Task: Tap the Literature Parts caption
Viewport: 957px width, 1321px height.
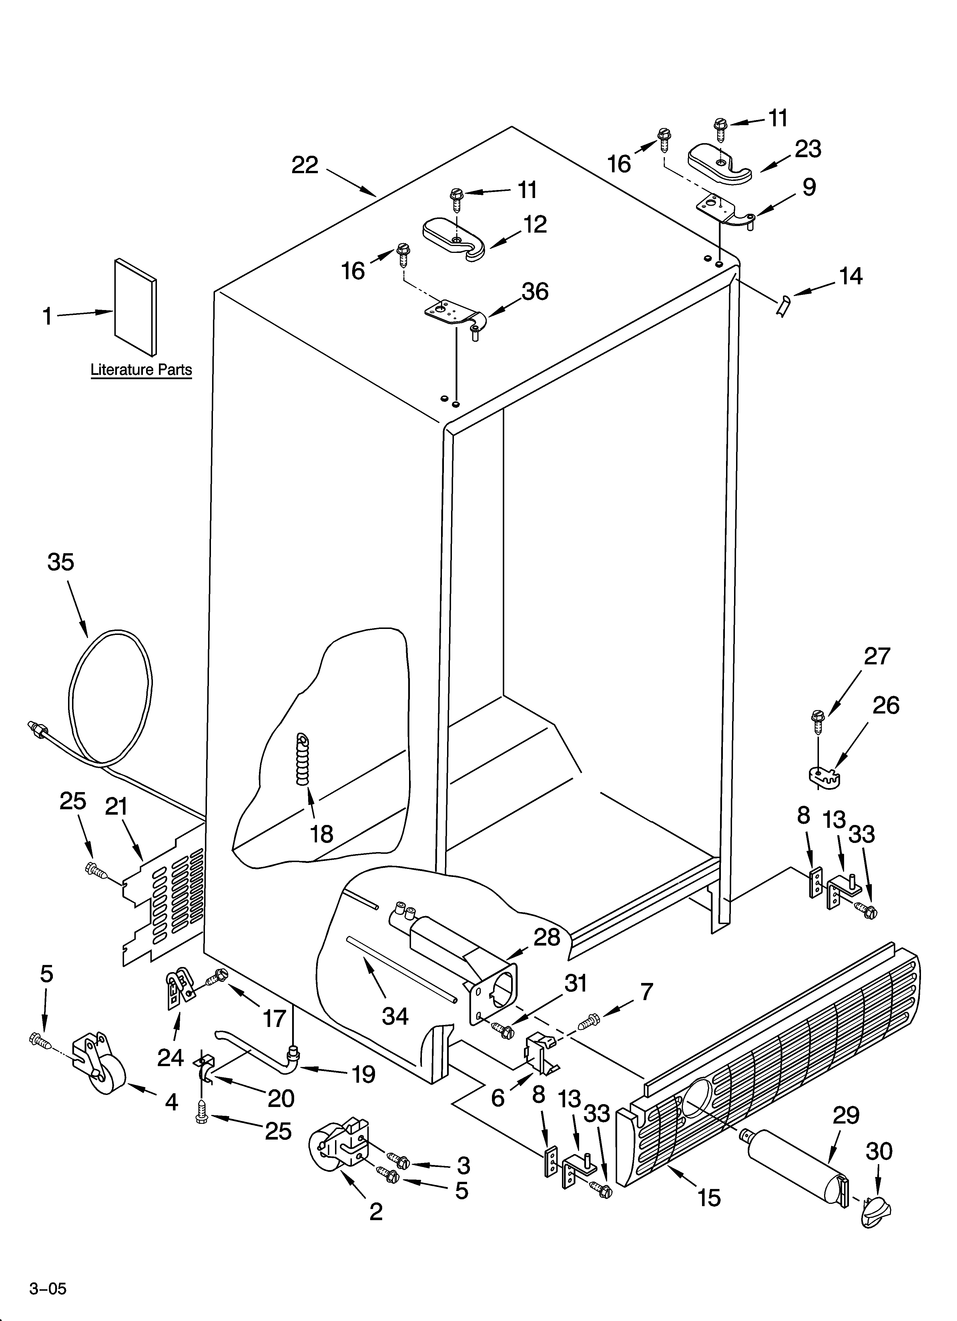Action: click(x=141, y=369)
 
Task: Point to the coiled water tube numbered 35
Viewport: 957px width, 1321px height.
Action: click(x=111, y=699)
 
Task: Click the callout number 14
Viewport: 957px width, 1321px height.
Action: click(x=850, y=276)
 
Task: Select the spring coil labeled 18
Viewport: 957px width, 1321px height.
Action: click(x=303, y=760)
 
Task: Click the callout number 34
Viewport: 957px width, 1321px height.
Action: click(x=394, y=1016)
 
